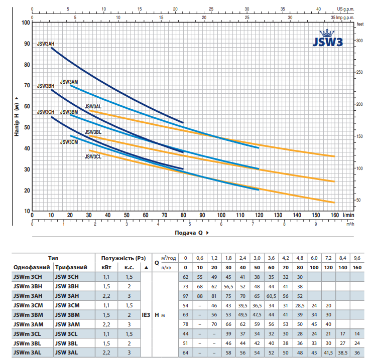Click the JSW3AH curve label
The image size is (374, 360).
(x=46, y=44)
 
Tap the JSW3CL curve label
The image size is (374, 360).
(x=93, y=156)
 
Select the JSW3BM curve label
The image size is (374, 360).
(x=69, y=112)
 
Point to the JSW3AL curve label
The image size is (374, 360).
(x=93, y=106)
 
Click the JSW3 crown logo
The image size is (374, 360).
(x=328, y=38)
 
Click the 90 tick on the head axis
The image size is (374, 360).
(x=27, y=44)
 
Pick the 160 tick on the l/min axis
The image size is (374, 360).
(x=335, y=215)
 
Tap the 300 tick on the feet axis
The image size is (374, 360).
(x=359, y=41)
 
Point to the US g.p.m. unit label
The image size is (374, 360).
(x=345, y=9)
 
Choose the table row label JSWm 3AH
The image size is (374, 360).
(x=28, y=296)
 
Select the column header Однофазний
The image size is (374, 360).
(x=32, y=267)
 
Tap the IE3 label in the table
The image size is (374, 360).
(x=146, y=315)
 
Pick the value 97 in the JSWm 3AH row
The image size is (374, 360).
(x=185, y=296)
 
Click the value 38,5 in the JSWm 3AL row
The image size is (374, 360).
(x=343, y=352)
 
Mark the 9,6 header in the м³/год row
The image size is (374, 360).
(x=357, y=258)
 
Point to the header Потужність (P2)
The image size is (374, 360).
(x=123, y=258)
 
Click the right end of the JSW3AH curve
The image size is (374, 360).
(x=183, y=123)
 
